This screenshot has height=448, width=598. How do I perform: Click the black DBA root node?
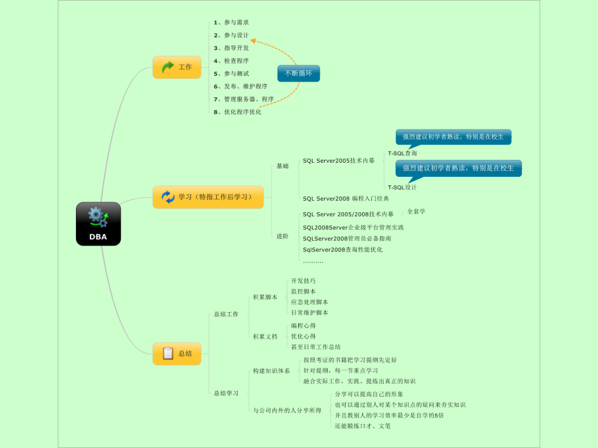98,223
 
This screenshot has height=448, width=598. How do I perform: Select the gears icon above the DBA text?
98,217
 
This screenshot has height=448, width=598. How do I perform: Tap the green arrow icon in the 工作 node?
168,67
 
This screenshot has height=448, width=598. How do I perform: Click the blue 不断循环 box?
298,73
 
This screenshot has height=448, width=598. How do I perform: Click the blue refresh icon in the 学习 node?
168,197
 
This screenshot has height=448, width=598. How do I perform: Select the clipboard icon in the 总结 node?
168,353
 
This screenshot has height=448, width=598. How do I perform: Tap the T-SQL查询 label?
402,153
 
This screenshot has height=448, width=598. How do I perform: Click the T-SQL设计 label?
402,187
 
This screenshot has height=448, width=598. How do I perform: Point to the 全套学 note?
416,211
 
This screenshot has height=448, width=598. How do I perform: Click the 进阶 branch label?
283,236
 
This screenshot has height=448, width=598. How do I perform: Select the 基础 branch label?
283,166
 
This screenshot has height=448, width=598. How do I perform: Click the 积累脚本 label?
265,297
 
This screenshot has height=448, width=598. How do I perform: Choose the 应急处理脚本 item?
310,302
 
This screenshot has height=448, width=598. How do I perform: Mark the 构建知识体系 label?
272,371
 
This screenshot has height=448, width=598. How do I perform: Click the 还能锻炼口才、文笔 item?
363,426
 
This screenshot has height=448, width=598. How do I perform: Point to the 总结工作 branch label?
226,314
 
